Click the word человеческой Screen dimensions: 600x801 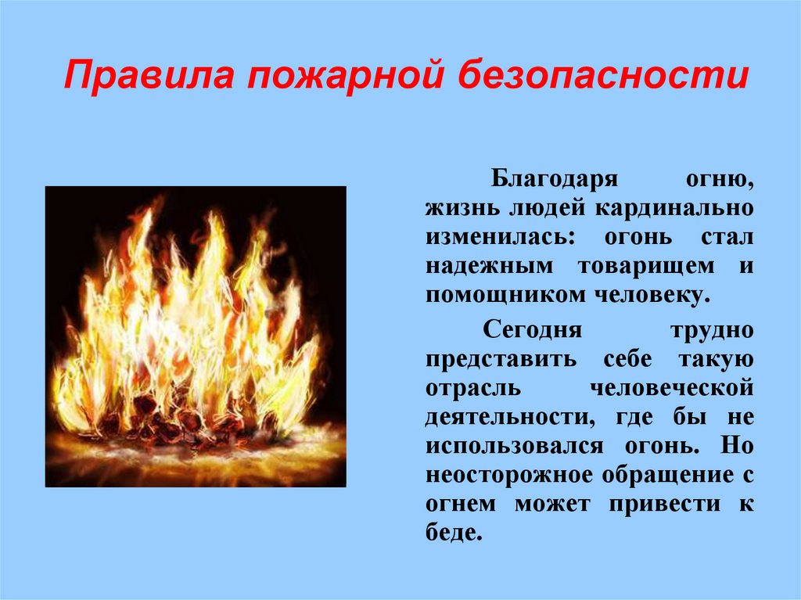673,388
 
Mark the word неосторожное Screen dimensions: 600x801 507,474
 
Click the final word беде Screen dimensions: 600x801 451,532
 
